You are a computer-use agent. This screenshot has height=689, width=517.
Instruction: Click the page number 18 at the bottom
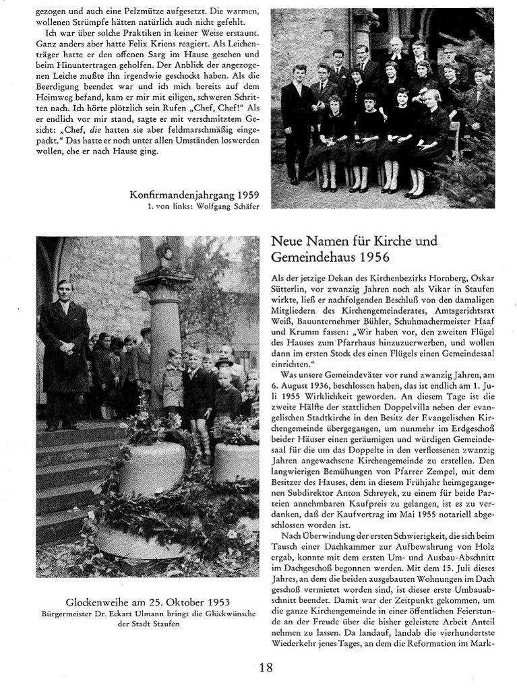tap(266, 667)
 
